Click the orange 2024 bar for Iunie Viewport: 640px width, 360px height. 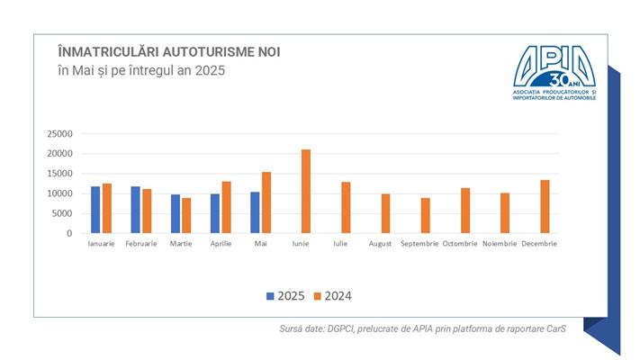click(x=306, y=192)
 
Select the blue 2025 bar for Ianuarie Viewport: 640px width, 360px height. click(x=95, y=210)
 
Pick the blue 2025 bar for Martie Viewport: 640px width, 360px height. click(x=175, y=214)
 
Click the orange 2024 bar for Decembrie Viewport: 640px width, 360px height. click(x=545, y=207)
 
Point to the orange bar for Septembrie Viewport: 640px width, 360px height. click(x=426, y=216)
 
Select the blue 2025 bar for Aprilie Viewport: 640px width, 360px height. click(x=215, y=213)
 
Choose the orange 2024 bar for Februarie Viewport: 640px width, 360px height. click(x=147, y=211)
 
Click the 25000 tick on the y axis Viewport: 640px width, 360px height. click(x=59, y=133)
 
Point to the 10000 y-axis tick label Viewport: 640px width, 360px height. click(x=59, y=193)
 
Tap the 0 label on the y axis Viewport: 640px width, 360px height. click(x=69, y=234)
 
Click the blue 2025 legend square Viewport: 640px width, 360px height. click(x=269, y=295)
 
